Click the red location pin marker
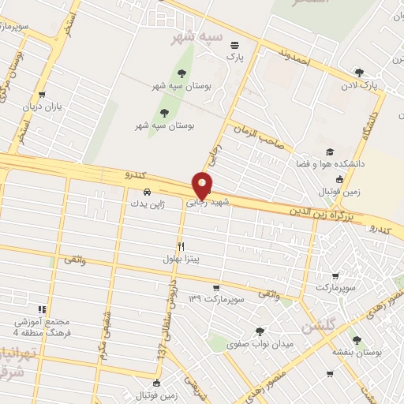pyautogui.click(x=203, y=185)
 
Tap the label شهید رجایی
pyautogui.click(x=207, y=203)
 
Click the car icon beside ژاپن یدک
pyautogui.click(x=148, y=192)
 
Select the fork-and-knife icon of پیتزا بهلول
pyautogui.click(x=181, y=246)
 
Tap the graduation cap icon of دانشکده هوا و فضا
pyautogui.click(x=329, y=152)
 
